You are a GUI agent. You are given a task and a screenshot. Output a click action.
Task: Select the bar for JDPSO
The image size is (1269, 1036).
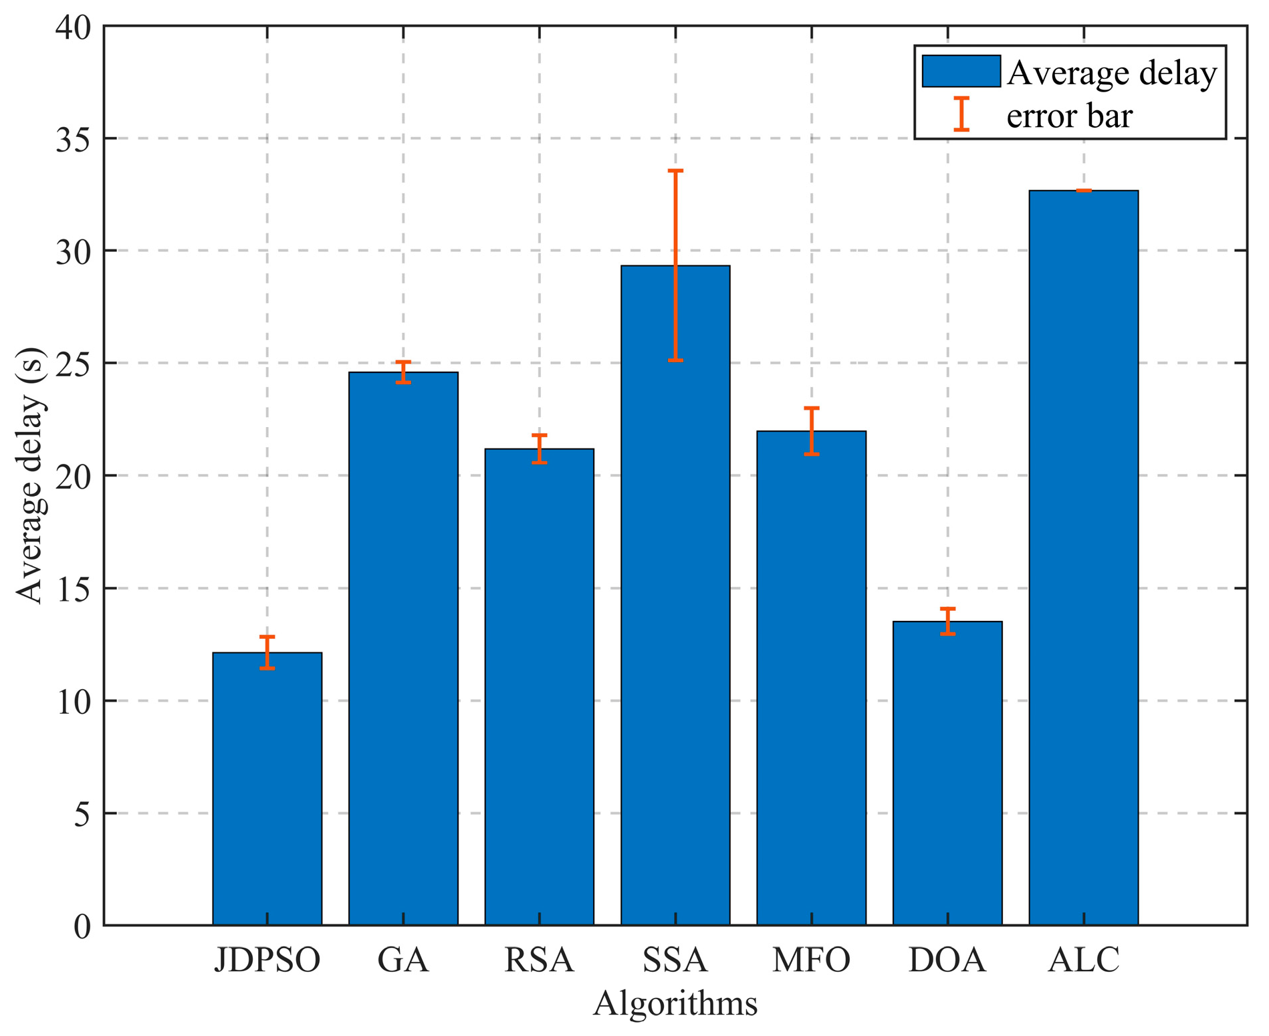click(x=267, y=789)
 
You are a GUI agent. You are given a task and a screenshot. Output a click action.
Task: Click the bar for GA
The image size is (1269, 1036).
click(x=403, y=648)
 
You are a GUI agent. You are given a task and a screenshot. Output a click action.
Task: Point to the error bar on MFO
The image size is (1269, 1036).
click(x=812, y=431)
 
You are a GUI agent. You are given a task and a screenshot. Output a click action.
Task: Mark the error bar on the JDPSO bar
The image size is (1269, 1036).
click(x=267, y=652)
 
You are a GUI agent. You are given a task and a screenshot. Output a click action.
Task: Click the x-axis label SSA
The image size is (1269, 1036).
click(x=675, y=960)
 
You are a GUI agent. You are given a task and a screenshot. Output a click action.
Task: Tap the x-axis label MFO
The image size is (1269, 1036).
click(x=812, y=960)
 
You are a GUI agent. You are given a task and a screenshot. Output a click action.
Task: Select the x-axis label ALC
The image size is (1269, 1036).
click(x=1083, y=960)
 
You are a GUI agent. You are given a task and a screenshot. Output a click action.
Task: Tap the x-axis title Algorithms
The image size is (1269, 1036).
click(x=675, y=1003)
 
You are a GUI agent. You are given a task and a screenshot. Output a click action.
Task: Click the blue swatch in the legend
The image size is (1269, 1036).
click(x=961, y=72)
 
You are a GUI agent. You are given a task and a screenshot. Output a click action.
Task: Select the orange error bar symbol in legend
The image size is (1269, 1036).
click(x=961, y=114)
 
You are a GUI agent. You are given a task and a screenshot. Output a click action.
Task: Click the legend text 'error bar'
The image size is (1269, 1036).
click(x=1069, y=116)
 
